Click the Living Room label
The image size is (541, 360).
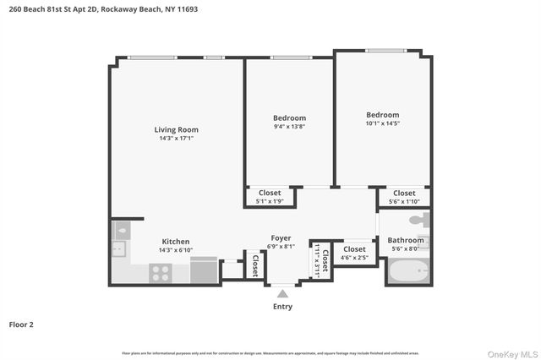pos(176,129)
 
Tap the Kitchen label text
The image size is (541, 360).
pos(175,241)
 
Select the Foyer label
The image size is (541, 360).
pos(281,237)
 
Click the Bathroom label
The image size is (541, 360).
pos(406,240)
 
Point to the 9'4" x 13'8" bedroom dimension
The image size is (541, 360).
pos(289,126)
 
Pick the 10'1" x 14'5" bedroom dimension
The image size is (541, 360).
pos(382,123)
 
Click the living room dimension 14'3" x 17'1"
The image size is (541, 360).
pos(176,138)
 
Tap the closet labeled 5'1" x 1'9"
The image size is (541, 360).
pos(270,197)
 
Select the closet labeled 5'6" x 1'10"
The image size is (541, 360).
pos(404,197)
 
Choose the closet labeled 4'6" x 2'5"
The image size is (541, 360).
pos(354,253)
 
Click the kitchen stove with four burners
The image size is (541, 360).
pos(160,272)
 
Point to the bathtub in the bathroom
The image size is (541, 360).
pos(408,270)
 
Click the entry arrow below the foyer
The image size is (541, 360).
pos(282,293)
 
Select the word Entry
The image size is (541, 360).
pos(282,306)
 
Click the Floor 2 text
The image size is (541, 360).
pos(22,324)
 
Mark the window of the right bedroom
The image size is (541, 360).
pos(385,51)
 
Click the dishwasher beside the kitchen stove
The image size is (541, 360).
pos(203,270)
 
